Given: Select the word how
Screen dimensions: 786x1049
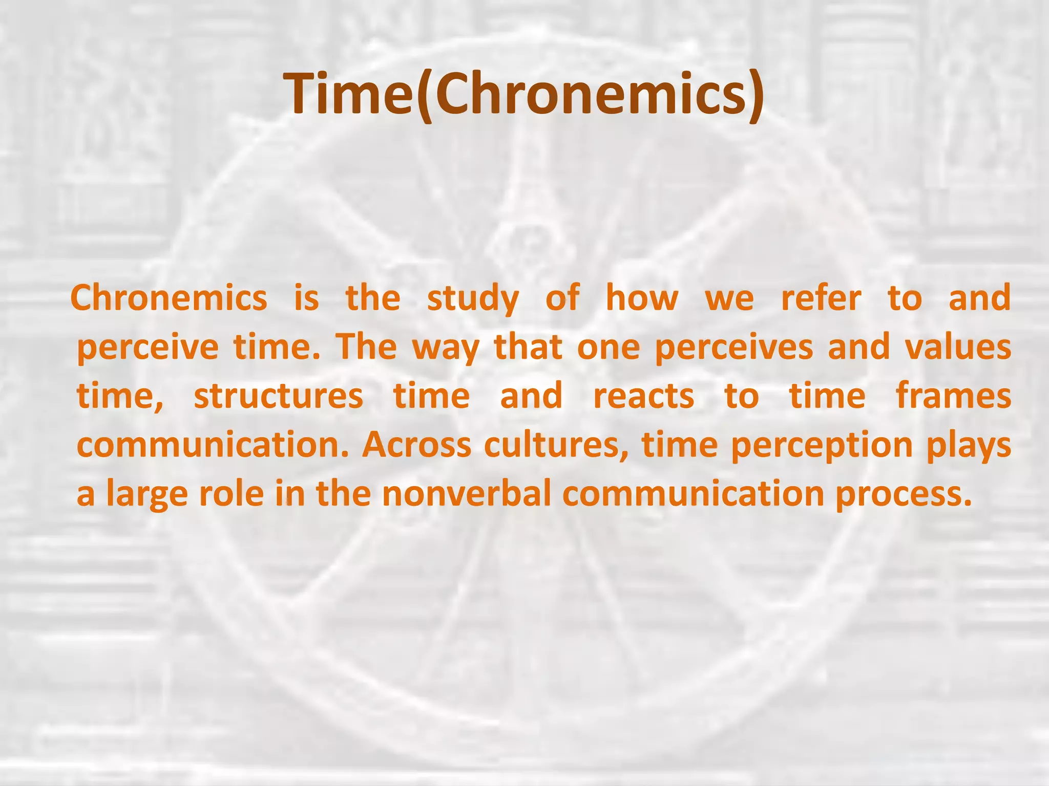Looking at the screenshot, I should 642,299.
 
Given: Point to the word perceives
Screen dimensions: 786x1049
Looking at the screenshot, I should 733,348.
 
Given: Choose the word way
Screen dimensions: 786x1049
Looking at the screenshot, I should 446,348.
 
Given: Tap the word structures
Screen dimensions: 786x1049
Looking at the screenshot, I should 278,397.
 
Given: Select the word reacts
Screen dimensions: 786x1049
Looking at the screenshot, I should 643,397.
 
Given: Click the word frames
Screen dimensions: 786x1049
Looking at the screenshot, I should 954,397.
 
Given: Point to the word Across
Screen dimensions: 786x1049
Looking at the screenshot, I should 416,445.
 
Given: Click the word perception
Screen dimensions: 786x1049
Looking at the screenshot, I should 822,446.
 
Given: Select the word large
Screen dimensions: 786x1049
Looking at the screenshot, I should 146,495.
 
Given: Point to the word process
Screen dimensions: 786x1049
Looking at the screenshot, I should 903,495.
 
